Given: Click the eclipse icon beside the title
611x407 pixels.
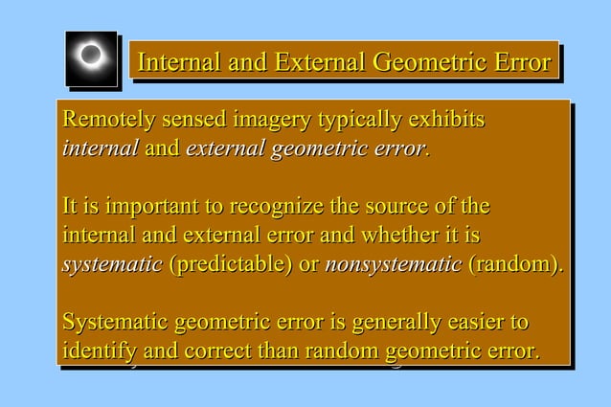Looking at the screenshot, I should pos(91,57).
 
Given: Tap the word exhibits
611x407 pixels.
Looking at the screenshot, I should pos(447,122).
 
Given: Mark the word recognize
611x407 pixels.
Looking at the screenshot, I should pos(266,208).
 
